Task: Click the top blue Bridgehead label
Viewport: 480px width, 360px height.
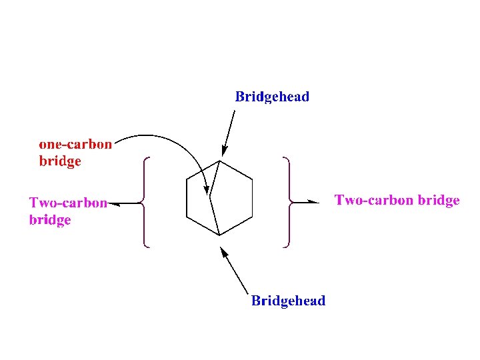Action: [x=272, y=97]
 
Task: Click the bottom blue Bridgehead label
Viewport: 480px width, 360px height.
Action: [x=288, y=301]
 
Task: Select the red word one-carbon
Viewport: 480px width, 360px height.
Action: [x=75, y=144]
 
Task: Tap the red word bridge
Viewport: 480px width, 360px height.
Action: [x=60, y=161]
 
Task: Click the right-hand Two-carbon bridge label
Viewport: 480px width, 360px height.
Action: [x=397, y=200]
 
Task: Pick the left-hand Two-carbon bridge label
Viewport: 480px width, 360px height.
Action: [x=67, y=211]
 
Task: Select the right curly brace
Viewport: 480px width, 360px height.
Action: [x=287, y=202]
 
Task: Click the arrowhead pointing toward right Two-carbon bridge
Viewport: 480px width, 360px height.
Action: [x=315, y=201]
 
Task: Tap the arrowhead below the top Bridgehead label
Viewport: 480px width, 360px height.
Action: [x=224, y=151]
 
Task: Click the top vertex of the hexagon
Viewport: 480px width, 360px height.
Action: [x=219, y=161]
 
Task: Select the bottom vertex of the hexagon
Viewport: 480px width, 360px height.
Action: [x=219, y=235]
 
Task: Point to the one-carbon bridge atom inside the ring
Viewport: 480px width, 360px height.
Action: [x=210, y=197]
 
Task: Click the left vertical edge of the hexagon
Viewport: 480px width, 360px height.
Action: [x=187, y=198]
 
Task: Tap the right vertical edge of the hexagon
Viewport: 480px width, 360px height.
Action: [x=252, y=198]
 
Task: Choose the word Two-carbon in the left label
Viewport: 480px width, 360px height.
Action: [x=67, y=203]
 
